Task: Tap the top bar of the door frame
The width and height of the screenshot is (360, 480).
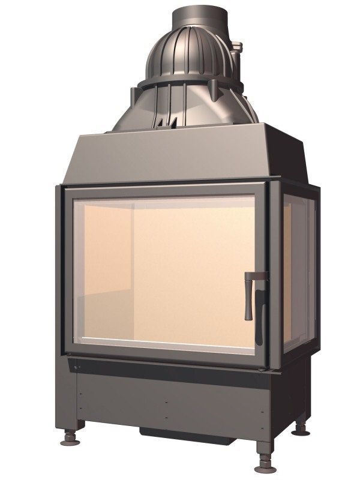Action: tap(165, 190)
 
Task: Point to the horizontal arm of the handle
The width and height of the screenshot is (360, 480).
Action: tap(256, 276)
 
